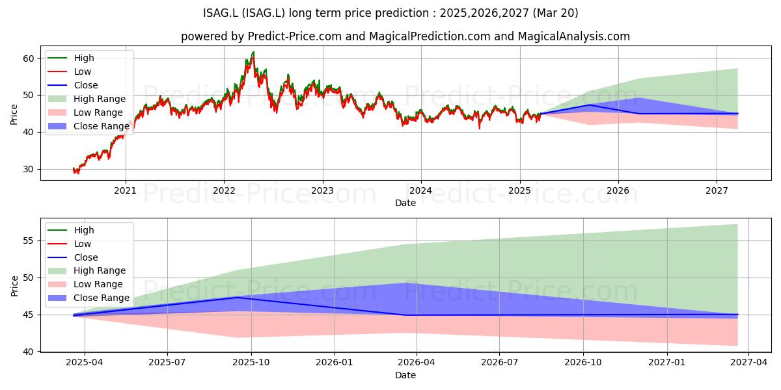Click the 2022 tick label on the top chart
coord(224,190)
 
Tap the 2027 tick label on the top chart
coord(717,190)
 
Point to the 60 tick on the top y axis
coord(29,58)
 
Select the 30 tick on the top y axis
coord(29,170)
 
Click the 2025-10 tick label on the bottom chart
coord(251,363)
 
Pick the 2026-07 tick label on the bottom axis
coord(499,363)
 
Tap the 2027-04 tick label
coord(749,363)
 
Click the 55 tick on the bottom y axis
coord(29,241)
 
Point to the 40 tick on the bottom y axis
coord(29,352)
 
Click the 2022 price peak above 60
coord(253,52)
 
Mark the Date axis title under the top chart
coord(405,203)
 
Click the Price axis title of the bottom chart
coord(14,286)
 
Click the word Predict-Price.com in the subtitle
coord(295,36)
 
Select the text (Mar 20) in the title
coord(555,13)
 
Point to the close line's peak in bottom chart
coord(238,297)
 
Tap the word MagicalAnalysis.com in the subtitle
coord(573,36)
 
